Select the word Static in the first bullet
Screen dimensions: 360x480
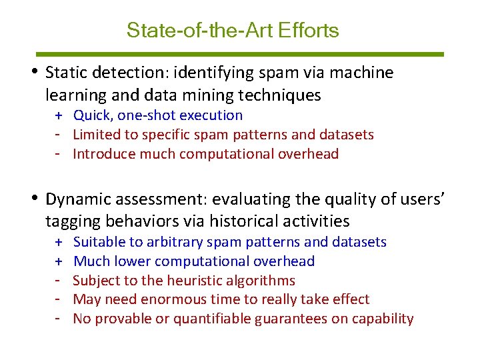click(x=65, y=73)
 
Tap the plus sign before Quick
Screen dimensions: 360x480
click(x=59, y=115)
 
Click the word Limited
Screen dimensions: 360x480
click(x=94, y=135)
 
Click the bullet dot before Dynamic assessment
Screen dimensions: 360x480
click(x=35, y=199)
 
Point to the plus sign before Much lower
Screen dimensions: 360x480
click(x=59, y=261)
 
